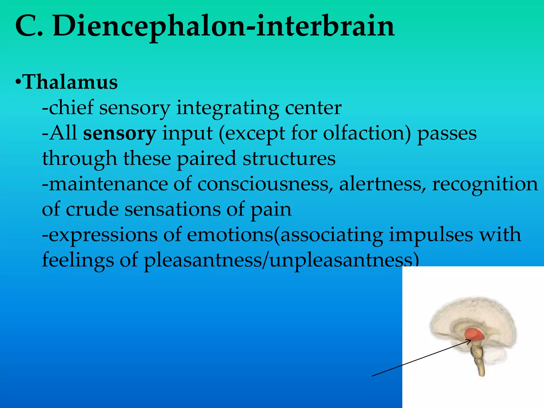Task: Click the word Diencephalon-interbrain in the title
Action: (223, 27)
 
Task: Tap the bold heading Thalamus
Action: (70, 82)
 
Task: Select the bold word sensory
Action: (120, 134)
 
